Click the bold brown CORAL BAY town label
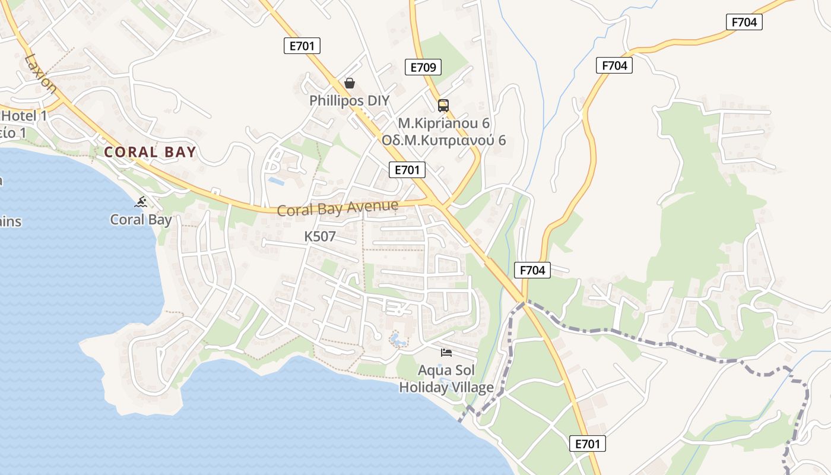[x=150, y=152]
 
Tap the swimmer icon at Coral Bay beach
[x=141, y=202]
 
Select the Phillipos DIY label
[x=349, y=100]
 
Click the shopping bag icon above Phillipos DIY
[x=350, y=83]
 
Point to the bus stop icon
[x=443, y=106]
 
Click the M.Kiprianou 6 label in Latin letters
[x=443, y=123]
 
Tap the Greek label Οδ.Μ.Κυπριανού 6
[x=443, y=141]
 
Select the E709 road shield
[x=423, y=67]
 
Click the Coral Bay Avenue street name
[x=337, y=208]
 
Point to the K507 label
[x=320, y=236]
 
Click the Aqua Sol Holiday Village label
[x=446, y=379]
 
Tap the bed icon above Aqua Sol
[x=446, y=353]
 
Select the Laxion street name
[x=41, y=74]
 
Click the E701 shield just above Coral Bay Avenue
[x=407, y=170]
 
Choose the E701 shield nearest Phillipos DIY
[x=302, y=46]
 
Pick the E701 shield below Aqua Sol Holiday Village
[x=588, y=443]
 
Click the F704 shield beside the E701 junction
[x=532, y=270]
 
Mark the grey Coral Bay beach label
[x=141, y=220]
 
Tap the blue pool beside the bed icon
[x=396, y=340]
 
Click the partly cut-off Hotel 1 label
[x=24, y=116]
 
